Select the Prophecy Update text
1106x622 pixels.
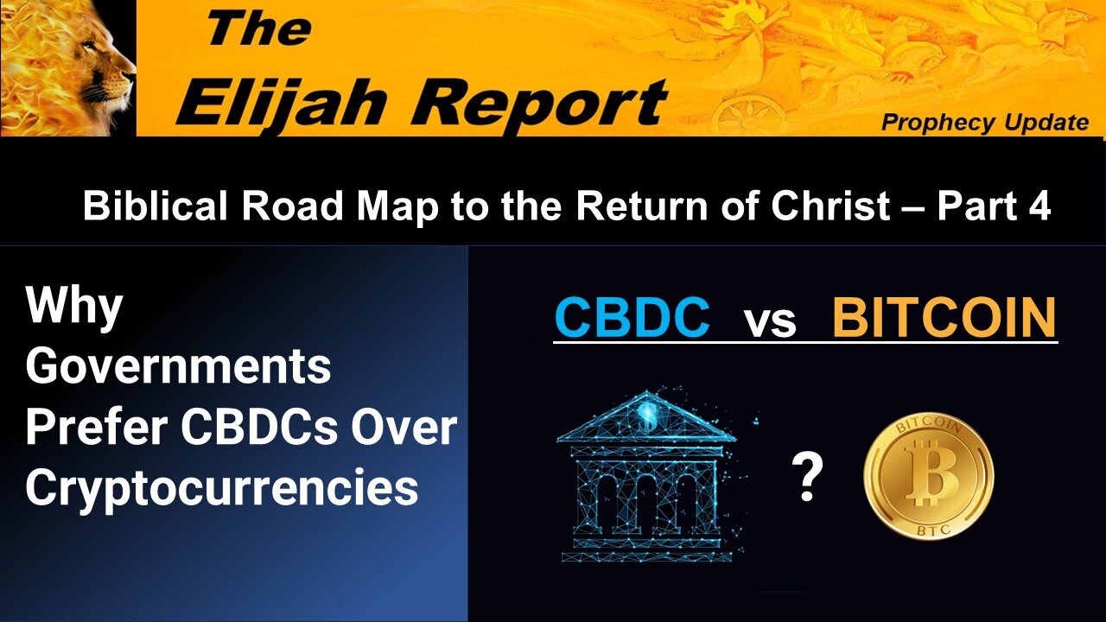pyautogui.click(x=984, y=124)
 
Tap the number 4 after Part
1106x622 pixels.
pyautogui.click(x=1039, y=207)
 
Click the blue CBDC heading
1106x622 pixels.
pyautogui.click(x=632, y=318)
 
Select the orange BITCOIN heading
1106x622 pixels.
pyautogui.click(x=944, y=318)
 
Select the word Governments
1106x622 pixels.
pyautogui.click(x=178, y=367)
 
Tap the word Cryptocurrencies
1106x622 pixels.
pyautogui.click(x=222, y=488)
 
